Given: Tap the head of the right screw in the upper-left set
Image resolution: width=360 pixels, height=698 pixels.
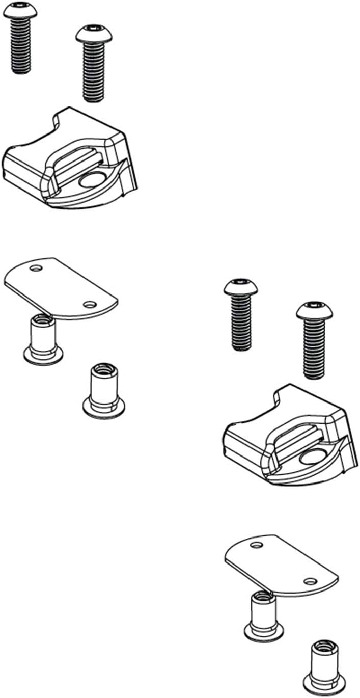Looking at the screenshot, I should tap(94, 34).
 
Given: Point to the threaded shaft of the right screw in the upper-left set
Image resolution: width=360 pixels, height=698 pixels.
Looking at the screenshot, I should tap(94, 71).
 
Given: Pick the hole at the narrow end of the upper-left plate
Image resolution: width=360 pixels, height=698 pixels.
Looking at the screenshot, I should tap(36, 268).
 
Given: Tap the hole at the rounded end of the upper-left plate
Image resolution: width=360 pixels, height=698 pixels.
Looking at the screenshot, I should tap(90, 305).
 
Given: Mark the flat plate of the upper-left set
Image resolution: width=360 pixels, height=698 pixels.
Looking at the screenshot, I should tap(61, 287).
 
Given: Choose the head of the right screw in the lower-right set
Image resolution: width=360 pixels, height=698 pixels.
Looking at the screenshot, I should tap(314, 311).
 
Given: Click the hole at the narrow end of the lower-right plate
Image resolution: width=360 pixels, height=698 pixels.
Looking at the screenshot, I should tap(256, 545).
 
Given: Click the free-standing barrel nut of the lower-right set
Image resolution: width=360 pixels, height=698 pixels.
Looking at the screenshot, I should tap(324, 665).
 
